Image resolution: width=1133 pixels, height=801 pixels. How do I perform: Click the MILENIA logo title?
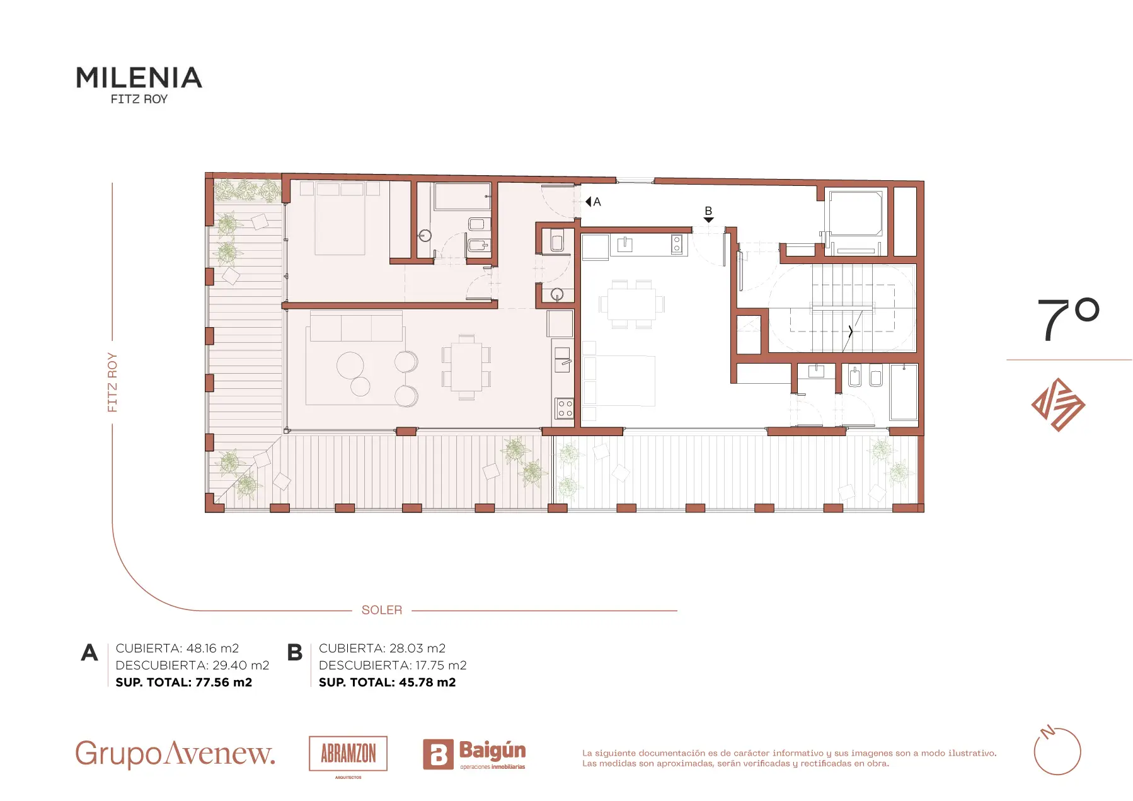tap(139, 78)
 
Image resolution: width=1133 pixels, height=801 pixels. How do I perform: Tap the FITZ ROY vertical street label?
tap(112, 383)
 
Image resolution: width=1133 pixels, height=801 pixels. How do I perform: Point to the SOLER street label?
tap(382, 610)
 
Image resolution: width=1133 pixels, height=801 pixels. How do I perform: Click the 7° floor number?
tap(1068, 320)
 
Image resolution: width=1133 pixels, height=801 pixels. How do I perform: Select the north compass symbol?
tap(1057, 751)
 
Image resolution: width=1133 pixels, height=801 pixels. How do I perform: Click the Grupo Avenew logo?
tap(175, 753)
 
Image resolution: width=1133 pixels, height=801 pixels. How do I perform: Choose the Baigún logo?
tap(474, 754)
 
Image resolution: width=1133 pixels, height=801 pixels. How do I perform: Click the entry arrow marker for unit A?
tap(589, 202)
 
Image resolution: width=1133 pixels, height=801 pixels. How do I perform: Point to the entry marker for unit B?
tap(708, 220)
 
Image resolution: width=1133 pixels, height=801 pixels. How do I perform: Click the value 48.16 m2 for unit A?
tap(212, 648)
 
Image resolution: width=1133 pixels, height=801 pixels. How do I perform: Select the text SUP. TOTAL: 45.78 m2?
tap(387, 682)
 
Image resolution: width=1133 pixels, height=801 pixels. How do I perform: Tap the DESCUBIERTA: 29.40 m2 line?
tap(192, 665)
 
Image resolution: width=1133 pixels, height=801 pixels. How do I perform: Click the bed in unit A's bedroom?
tap(340, 218)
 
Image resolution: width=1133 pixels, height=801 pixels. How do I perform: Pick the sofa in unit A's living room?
tap(356, 326)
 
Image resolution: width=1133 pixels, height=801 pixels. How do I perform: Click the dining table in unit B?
tap(632, 304)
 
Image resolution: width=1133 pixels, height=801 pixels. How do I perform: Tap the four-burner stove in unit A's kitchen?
tap(565, 408)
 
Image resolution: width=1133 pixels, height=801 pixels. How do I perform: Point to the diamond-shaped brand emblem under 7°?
tap(1058, 405)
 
